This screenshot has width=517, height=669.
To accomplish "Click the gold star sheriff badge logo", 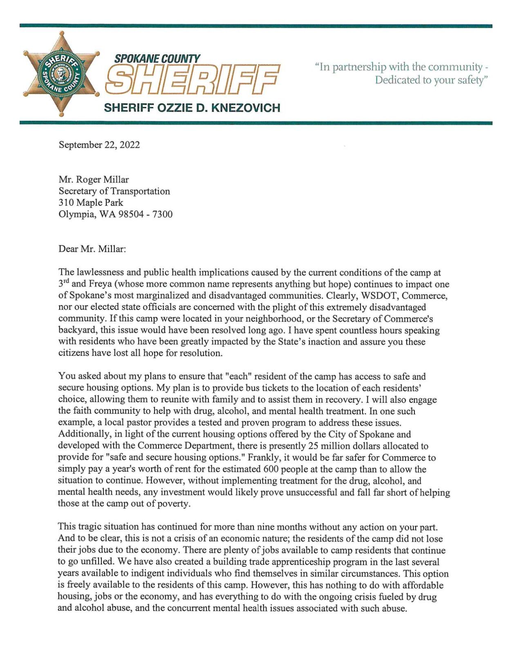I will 61,74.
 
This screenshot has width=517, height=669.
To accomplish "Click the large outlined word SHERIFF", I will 192,79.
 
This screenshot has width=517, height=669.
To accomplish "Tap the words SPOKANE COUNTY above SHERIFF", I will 157,59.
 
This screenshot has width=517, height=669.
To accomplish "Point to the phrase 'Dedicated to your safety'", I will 431,80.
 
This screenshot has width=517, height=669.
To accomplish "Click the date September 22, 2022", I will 99,145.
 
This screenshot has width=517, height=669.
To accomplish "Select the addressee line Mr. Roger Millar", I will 94,180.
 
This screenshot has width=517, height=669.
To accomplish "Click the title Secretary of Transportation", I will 114,191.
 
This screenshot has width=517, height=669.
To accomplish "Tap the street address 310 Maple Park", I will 91,203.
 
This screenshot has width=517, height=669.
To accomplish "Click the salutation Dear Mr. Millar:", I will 92,249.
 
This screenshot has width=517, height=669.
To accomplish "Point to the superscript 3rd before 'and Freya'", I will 63,283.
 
